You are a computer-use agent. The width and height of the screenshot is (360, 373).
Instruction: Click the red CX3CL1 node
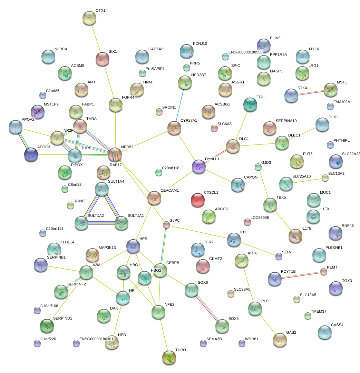[198, 200]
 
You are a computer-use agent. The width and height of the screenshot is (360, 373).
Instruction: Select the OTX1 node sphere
[90, 18]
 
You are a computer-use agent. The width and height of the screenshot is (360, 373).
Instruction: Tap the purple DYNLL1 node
[199, 166]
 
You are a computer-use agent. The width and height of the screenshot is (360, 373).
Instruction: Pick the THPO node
[169, 357]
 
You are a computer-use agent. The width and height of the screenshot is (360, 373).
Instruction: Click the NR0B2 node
[115, 154]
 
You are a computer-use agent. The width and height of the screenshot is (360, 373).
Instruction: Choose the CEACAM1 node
[154, 198]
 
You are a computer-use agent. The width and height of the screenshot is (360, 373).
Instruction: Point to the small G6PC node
[166, 225]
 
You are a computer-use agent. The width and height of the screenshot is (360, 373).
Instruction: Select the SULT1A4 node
[102, 189]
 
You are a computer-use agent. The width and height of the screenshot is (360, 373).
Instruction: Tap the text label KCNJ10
[200, 44]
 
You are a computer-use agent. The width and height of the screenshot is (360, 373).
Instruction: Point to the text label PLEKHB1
[334, 248]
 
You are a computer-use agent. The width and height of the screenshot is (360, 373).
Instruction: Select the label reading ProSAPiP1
[155, 69]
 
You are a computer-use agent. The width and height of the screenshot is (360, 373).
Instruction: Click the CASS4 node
[324, 332]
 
